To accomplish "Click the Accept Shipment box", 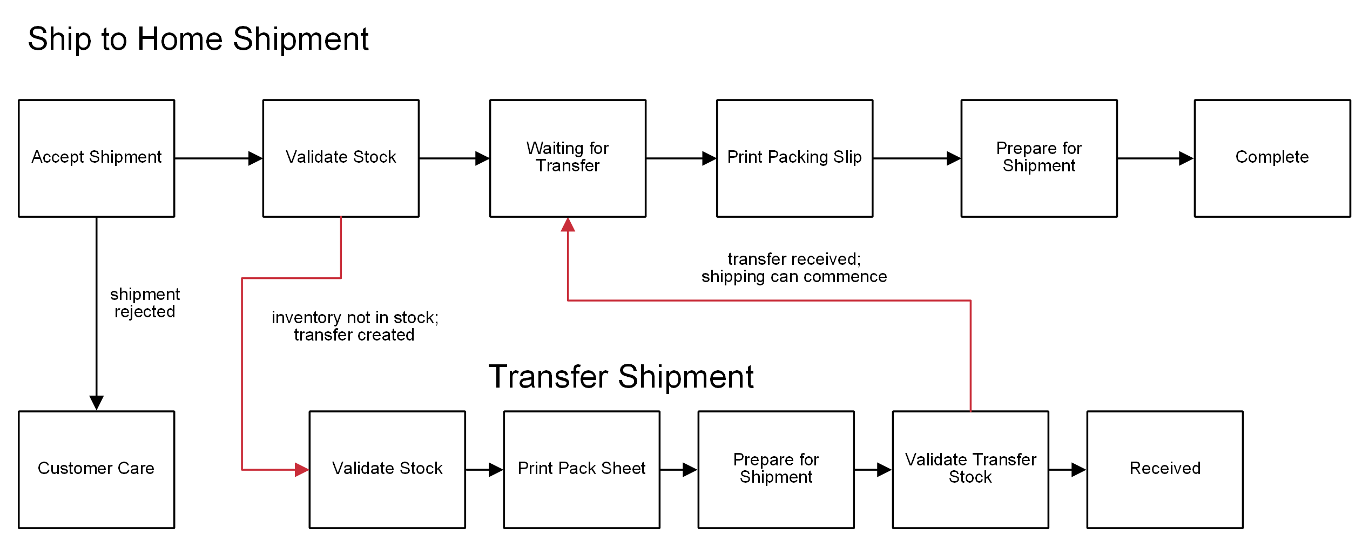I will tap(96, 158).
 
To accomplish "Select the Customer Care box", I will tap(96, 469).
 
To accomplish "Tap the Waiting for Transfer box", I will tap(567, 158).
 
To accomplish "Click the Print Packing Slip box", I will tap(794, 158).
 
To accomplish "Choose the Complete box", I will tap(1272, 158).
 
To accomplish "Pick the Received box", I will tap(1164, 469).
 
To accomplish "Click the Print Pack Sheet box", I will tap(581, 469).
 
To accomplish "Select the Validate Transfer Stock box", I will tap(970, 469).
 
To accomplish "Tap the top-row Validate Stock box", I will tap(340, 158).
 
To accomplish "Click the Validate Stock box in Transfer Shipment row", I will tap(387, 469).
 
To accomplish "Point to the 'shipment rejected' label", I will tap(144, 303).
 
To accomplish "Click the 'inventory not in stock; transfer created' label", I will tap(354, 326).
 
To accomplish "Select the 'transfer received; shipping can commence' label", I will tap(793, 268).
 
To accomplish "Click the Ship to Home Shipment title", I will tap(198, 39).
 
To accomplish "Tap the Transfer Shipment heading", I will tap(621, 376).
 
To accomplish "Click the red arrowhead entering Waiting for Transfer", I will tap(567, 225).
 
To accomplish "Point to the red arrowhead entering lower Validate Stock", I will tap(301, 470).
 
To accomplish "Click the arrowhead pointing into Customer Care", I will tap(96, 402).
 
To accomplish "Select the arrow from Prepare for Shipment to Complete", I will tap(1155, 158).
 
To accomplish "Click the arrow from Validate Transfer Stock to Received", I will tap(1067, 470).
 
